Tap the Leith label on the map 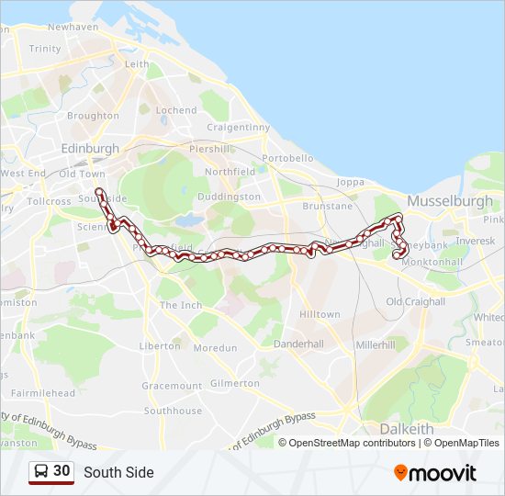137,64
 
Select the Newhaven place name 73,28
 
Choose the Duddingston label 230,197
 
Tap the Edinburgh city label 89,149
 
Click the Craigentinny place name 237,128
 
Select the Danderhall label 299,344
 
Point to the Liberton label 160,346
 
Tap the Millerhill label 375,344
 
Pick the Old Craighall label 415,301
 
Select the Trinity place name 45,49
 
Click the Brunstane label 327,208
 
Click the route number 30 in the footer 62,471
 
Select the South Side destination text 118,473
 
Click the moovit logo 435,473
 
